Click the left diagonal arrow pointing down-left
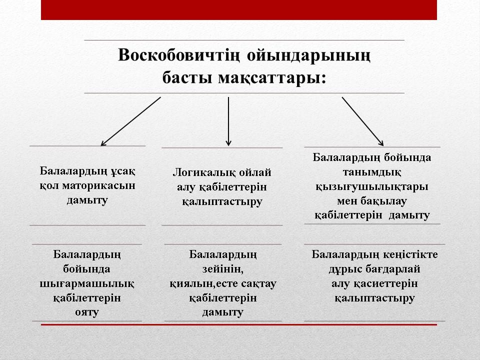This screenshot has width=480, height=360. click(x=130, y=121)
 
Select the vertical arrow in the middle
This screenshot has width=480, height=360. click(x=228, y=121)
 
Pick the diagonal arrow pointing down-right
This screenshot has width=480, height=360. click(x=363, y=121)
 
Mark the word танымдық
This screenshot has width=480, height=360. click(x=371, y=172)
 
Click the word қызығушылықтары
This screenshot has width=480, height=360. click(x=372, y=187)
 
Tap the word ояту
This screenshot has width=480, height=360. click(x=87, y=312)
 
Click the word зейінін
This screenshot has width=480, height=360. click(x=223, y=269)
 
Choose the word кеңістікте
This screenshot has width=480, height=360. click(x=410, y=254)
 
